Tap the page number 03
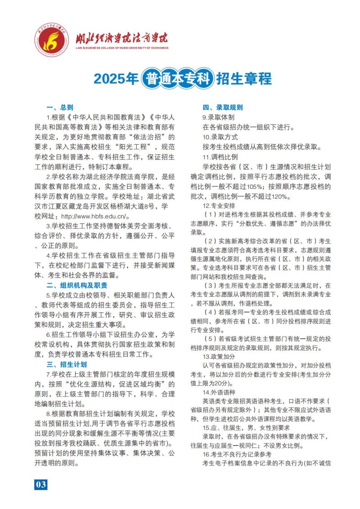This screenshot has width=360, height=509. click(x=40, y=484)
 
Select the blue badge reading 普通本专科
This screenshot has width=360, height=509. click(x=177, y=79)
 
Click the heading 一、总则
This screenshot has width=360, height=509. click(x=60, y=107)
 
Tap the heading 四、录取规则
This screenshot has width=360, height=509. click(x=222, y=107)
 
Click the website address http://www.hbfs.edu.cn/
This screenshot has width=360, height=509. click(x=95, y=215)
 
